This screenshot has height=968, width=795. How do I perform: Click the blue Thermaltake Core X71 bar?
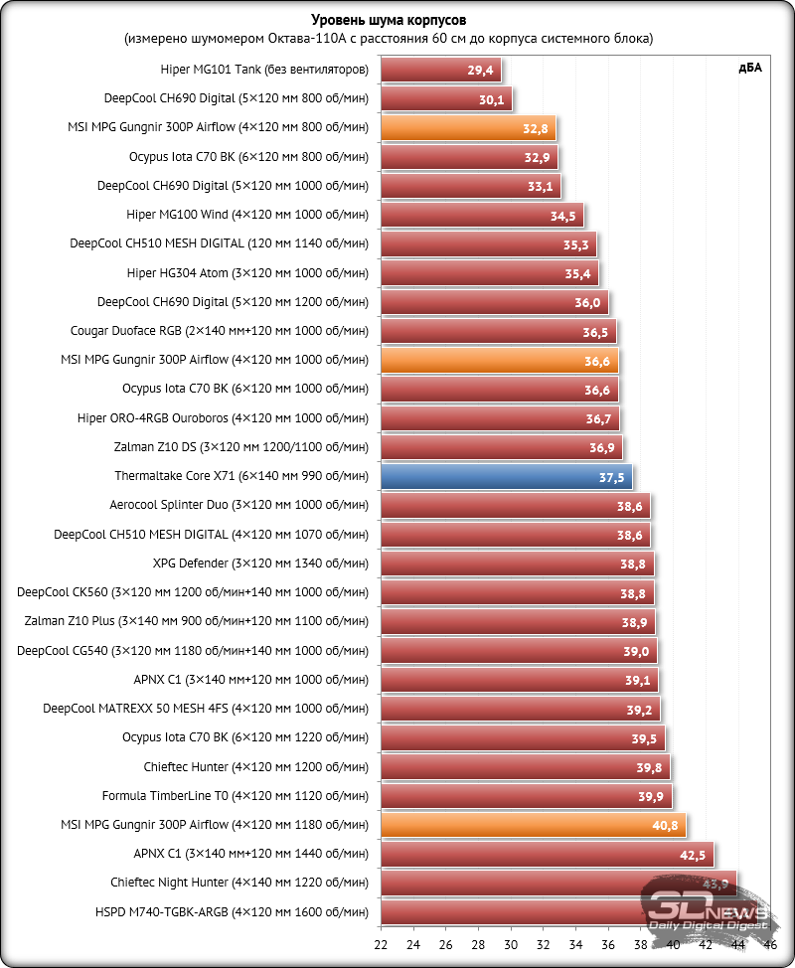pos(506,477)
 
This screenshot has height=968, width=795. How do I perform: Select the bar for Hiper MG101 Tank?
pos(440,71)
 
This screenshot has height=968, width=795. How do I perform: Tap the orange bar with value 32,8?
pos(468,128)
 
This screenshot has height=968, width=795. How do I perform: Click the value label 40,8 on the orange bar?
pos(665,824)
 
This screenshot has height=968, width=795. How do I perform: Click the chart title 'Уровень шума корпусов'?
pos(389,20)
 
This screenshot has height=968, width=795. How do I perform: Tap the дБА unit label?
pos(749,68)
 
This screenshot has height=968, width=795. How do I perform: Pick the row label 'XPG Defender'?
pos(260,564)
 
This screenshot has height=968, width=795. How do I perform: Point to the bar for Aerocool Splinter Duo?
pos(515,506)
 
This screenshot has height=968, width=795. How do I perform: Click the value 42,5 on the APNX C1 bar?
pos(693,854)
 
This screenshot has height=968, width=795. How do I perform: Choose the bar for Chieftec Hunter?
pos(525,767)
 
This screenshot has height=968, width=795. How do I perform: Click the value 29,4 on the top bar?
pos(480,72)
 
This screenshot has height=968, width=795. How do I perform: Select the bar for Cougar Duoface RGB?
pos(498,332)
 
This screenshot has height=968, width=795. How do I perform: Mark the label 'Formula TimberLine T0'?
pos(235,796)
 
